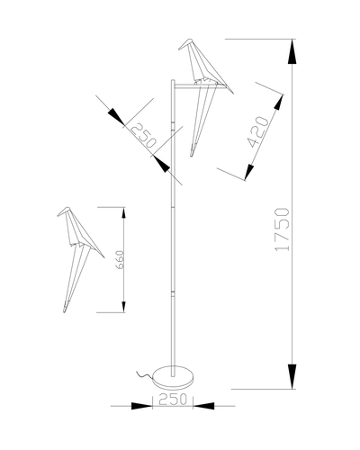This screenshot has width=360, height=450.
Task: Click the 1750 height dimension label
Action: (x=282, y=229)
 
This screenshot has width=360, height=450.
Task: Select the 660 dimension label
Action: (x=120, y=260)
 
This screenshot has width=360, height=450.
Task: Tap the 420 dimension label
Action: (x=257, y=132)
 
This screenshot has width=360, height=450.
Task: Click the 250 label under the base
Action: (x=173, y=400)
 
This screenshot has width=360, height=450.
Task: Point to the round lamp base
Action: (x=173, y=377)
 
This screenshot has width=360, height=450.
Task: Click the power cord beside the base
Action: (x=145, y=375)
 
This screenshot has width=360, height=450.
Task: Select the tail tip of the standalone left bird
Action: (x=65, y=310)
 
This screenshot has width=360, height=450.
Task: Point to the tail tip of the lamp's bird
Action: (x=192, y=154)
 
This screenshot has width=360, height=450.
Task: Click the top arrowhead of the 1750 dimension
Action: (x=292, y=51)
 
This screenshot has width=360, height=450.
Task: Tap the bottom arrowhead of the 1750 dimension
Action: (x=292, y=376)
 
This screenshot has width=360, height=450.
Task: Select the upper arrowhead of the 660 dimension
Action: (x=123, y=213)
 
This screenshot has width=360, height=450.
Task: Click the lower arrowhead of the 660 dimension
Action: (x=123, y=307)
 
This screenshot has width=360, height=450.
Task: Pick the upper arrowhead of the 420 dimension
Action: (x=278, y=102)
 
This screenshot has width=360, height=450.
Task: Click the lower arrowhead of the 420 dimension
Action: (x=249, y=173)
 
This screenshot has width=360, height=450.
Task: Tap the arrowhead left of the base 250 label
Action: (x=142, y=406)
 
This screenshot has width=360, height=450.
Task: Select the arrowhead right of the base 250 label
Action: (x=203, y=406)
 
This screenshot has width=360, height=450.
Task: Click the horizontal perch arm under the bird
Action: (x=199, y=87)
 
